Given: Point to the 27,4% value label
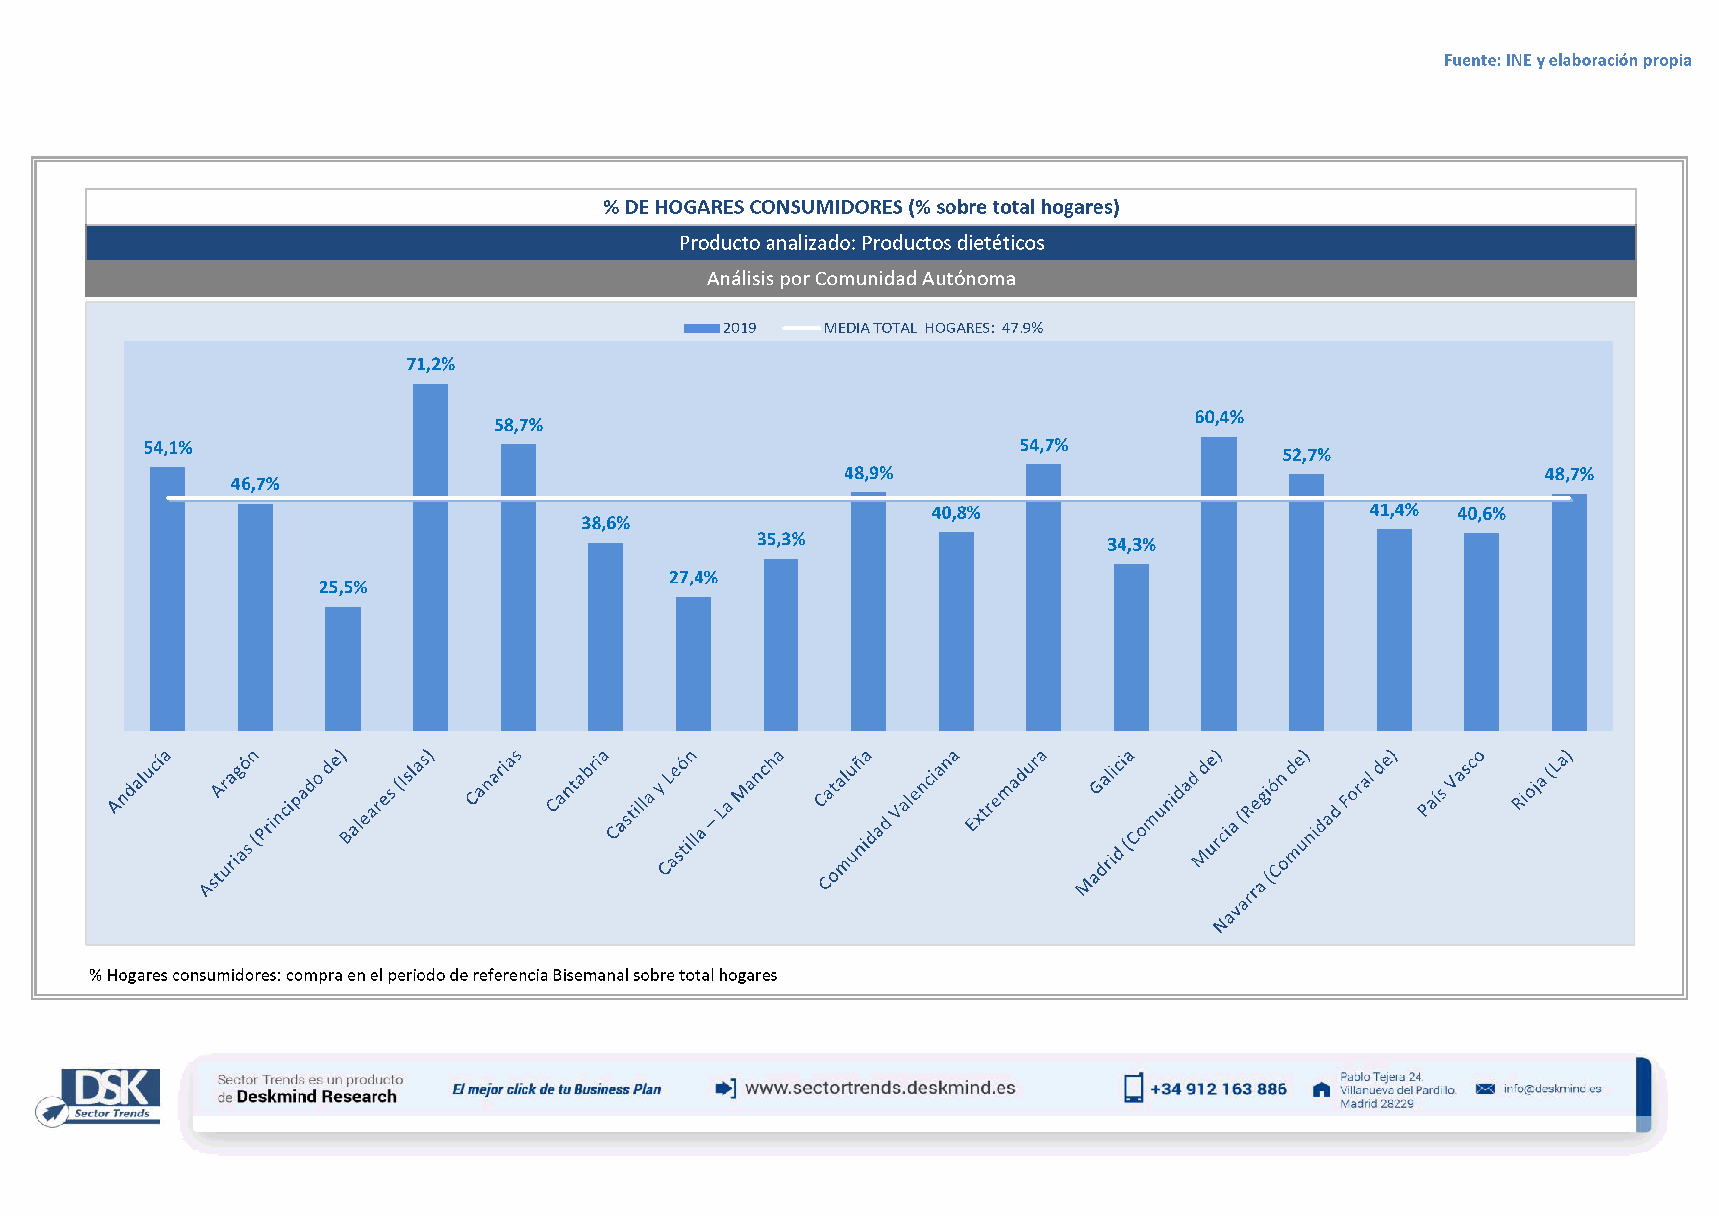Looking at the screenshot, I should [x=693, y=577].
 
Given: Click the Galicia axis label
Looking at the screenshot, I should [x=1111, y=772].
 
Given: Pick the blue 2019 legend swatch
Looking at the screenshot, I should [x=701, y=328].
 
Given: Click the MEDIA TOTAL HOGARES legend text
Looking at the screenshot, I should [x=932, y=328].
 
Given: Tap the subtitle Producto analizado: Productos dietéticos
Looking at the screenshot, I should [x=861, y=243].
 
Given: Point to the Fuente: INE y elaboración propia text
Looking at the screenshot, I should [x=1567, y=60].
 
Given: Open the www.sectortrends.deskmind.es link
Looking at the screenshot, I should [x=880, y=1088].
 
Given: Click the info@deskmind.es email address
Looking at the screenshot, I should [x=1552, y=1089].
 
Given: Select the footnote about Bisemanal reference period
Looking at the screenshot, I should [x=433, y=975].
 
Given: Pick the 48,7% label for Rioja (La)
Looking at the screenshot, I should [x=1569, y=474].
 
